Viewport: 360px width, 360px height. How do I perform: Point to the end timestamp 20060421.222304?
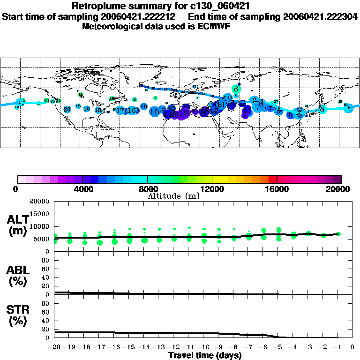pyautogui.click(x=320, y=16)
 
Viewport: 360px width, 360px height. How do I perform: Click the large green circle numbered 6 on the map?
pyautogui.click(x=236, y=89)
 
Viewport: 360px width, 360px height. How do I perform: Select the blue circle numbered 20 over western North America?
pyautogui.click(x=67, y=109)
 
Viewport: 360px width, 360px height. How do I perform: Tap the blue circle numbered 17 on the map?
pyautogui.click(x=120, y=111)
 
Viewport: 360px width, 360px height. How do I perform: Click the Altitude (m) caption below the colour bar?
pyautogui.click(x=173, y=196)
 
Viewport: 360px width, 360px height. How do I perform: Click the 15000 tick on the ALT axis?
pyautogui.click(x=41, y=214)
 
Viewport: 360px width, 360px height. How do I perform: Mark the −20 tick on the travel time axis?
pyautogui.click(x=54, y=347)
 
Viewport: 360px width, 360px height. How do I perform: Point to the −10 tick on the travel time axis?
pyautogui.click(x=203, y=347)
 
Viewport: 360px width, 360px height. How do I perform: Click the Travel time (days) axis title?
pyautogui.click(x=205, y=355)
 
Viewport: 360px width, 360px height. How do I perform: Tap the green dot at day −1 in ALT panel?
pyautogui.click(x=338, y=234)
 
